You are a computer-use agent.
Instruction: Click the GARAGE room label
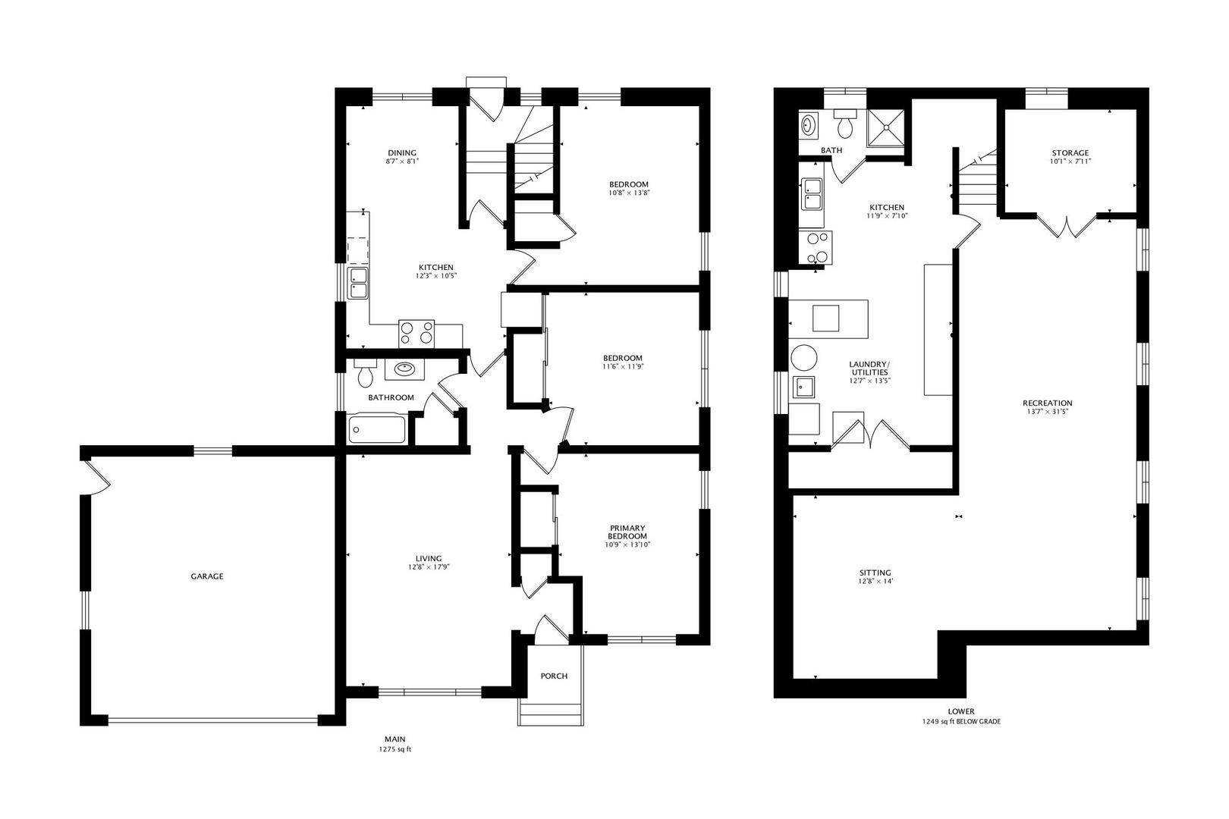pyautogui.click(x=207, y=576)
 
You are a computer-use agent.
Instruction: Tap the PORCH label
pyautogui.click(x=554, y=676)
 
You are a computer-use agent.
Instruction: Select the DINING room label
pyautogui.click(x=402, y=153)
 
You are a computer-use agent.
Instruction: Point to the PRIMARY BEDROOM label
pyautogui.click(x=627, y=532)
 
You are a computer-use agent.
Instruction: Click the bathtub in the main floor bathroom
pyautogui.click(x=378, y=429)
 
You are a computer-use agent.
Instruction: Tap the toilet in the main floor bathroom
pyautogui.click(x=365, y=373)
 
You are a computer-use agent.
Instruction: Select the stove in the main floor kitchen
pyautogui.click(x=416, y=334)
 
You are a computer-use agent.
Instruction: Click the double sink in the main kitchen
pyautogui.click(x=359, y=283)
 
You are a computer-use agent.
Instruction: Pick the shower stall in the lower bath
pyautogui.click(x=885, y=128)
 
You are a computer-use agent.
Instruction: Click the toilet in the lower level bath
pyautogui.click(x=845, y=124)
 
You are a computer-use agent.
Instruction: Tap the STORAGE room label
pyautogui.click(x=1070, y=153)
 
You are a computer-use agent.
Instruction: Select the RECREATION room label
pyautogui.click(x=1048, y=403)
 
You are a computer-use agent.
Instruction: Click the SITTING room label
pyautogui.click(x=875, y=573)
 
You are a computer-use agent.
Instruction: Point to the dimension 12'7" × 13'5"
pyautogui.click(x=869, y=381)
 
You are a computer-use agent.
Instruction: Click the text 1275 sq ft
pyautogui.click(x=395, y=749)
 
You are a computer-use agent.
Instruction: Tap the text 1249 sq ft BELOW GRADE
pyautogui.click(x=961, y=722)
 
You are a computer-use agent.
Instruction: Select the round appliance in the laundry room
pyautogui.click(x=804, y=358)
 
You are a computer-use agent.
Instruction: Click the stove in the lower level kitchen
pyautogui.click(x=816, y=247)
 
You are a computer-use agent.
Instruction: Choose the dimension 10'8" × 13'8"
pyautogui.click(x=629, y=193)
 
